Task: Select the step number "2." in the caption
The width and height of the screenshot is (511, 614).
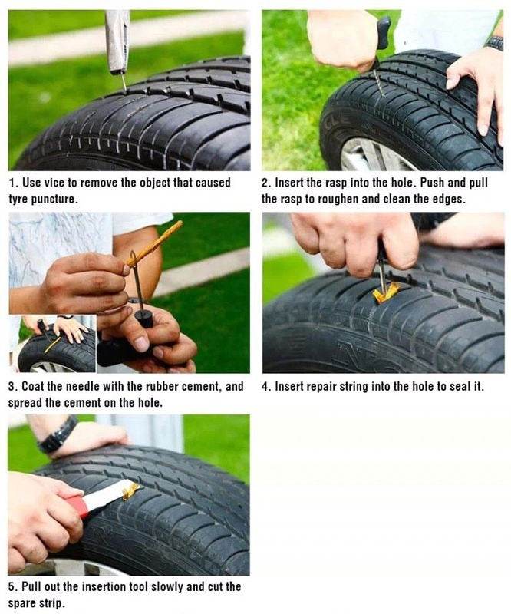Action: [266, 183]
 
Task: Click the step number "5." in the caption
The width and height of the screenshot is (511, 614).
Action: [13, 586]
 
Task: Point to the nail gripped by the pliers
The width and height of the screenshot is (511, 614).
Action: [123, 80]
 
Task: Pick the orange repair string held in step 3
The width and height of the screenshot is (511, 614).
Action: [157, 243]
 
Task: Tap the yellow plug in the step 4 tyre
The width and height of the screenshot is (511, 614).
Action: [385, 292]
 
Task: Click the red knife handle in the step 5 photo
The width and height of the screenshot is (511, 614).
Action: [77, 506]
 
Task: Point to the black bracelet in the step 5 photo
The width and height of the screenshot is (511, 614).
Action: [58, 436]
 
